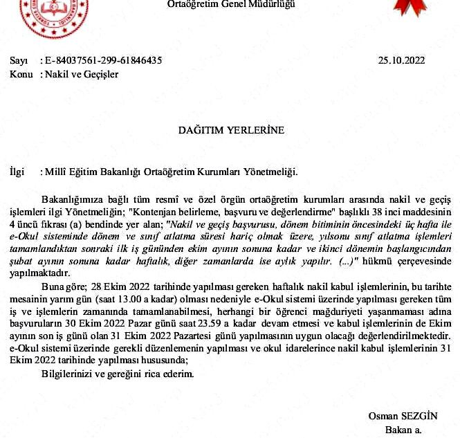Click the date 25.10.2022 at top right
tap(401, 60)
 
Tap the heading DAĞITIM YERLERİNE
tap(231, 129)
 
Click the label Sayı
tap(18, 60)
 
